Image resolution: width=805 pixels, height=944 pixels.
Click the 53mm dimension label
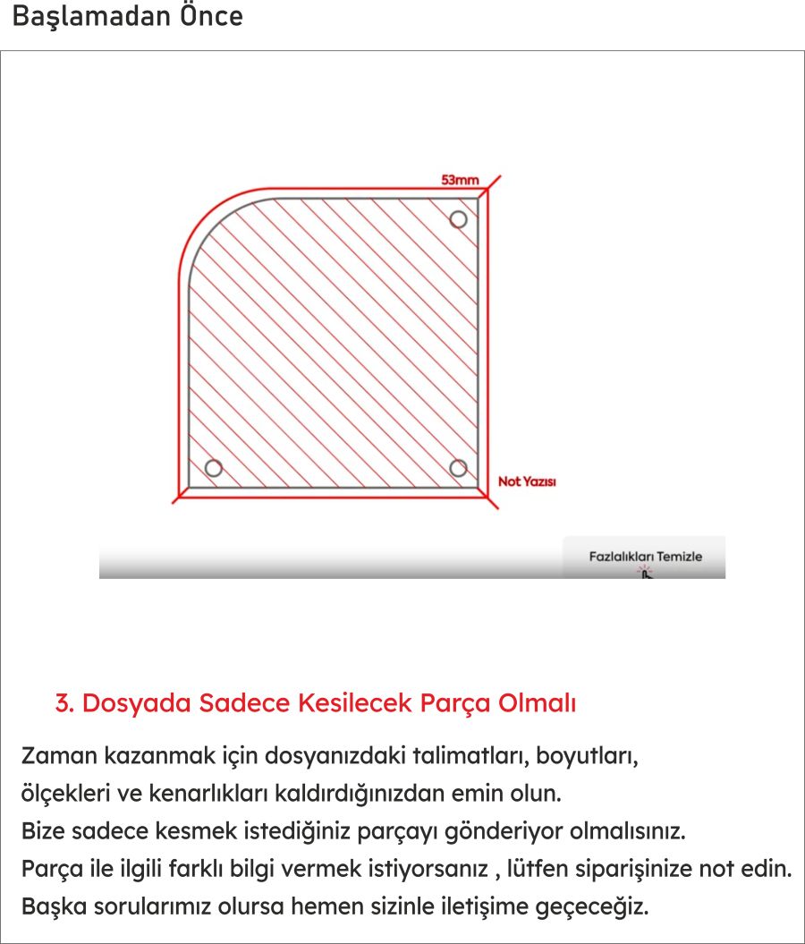coord(460,180)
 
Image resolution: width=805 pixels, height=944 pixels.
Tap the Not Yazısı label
coord(527,482)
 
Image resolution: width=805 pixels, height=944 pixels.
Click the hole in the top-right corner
coord(458,219)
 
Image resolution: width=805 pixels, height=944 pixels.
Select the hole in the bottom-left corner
coord(213,468)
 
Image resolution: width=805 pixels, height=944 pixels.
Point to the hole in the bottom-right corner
coord(458,468)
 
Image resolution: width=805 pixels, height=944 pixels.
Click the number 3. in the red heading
coord(64,703)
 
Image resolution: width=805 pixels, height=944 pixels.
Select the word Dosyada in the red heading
coord(136,703)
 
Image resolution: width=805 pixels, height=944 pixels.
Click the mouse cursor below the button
coord(645,573)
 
